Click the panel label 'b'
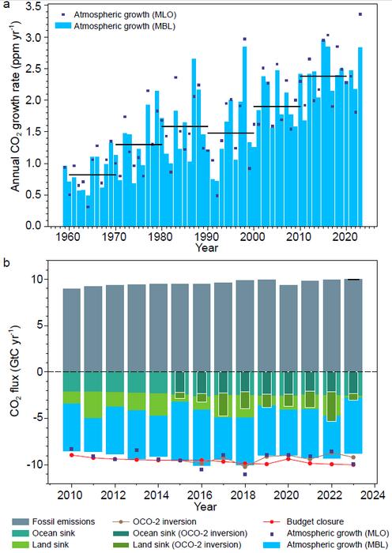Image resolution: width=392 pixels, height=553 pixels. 6,264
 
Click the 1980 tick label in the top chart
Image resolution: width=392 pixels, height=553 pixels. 161,236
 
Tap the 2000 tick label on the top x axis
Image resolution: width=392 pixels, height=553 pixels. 254,236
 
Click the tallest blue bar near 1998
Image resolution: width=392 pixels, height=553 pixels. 244,136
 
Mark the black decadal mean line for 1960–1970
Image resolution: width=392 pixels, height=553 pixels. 92,175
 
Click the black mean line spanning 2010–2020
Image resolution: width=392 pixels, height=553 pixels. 323,76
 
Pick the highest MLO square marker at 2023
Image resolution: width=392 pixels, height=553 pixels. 360,14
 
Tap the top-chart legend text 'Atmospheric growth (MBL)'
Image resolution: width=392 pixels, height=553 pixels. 125,26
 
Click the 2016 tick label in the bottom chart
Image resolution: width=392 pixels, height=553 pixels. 202,495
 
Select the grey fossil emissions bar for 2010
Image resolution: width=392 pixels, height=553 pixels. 72,330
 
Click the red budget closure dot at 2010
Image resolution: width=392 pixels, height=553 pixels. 72,455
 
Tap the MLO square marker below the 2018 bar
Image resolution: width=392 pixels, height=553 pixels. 245,474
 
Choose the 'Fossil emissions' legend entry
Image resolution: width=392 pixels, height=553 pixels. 53,521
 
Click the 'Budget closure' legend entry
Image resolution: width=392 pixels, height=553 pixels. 303,521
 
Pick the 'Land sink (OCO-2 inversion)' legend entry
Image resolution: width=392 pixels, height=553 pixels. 177,544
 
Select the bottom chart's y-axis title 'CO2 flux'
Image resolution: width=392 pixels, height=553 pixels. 16,371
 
